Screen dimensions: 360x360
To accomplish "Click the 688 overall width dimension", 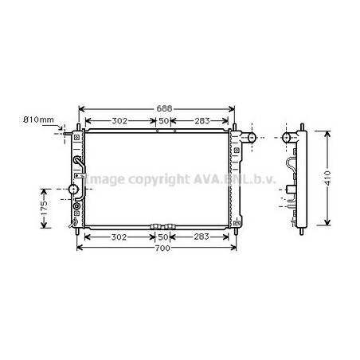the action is click(164, 108).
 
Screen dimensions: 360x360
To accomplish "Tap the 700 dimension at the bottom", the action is click(162, 248).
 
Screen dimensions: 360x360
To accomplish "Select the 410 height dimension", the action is click(328, 178).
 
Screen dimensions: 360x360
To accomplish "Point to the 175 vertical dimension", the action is click(44, 208).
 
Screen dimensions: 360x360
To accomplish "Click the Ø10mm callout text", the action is click(38, 119).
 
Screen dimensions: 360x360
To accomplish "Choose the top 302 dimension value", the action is click(119, 121).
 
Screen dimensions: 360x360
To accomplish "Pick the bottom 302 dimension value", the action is click(119, 237).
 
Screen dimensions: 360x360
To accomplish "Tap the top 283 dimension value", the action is click(202, 121).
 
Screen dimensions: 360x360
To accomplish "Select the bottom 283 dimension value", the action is click(202, 237).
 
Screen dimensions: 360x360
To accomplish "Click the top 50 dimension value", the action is click(164, 121).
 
